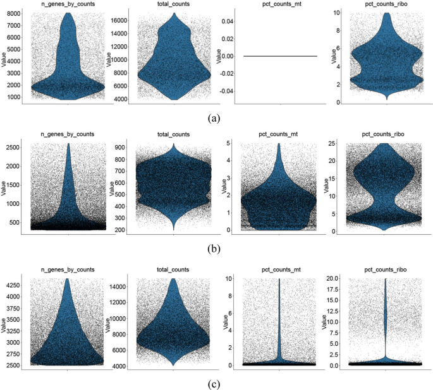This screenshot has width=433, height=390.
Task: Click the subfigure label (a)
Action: pos(217,117)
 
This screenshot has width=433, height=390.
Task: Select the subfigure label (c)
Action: pos(217,381)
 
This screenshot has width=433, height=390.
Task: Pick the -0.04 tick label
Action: pos(225,91)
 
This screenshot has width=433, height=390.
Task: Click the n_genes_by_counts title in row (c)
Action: pos(68,269)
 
